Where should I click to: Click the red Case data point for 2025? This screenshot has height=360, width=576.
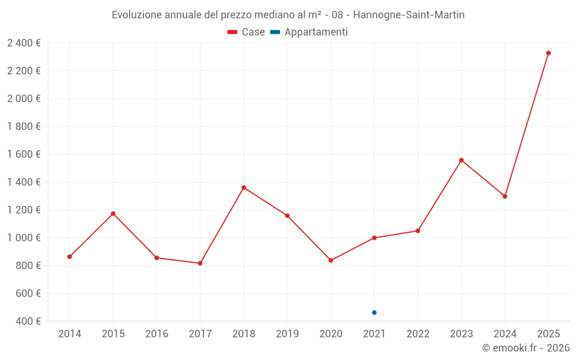[x=548, y=53]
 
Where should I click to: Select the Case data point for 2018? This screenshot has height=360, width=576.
[x=244, y=188]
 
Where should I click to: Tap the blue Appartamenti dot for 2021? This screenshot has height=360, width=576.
[x=374, y=313]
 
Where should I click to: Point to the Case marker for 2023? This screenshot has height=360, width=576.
[x=461, y=160]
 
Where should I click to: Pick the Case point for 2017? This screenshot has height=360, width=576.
[x=200, y=263]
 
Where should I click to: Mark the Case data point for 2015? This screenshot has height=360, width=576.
[x=113, y=214]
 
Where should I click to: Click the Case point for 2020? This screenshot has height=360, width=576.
[x=331, y=260]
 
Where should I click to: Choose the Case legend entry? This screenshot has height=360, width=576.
[x=247, y=32]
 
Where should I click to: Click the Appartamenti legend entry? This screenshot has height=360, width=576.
[x=309, y=32]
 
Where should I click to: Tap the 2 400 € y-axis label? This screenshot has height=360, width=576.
[x=24, y=43]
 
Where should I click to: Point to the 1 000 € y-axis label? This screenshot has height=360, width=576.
[x=24, y=238]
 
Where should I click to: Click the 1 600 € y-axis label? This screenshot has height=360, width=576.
[x=24, y=154]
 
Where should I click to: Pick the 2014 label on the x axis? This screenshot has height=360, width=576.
[x=70, y=334]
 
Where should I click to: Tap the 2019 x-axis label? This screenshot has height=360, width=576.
[x=287, y=334]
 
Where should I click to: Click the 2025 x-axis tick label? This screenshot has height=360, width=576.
[x=548, y=334]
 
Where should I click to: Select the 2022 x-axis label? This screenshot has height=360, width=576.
[x=418, y=334]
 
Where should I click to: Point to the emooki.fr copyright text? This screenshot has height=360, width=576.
[x=526, y=348]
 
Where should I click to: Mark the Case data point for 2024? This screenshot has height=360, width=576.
[x=505, y=196]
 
